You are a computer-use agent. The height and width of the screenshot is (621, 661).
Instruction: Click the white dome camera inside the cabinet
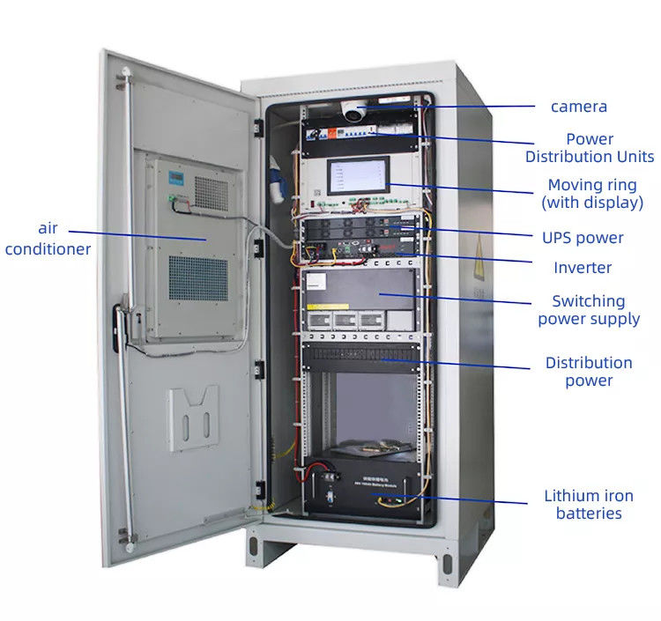(354, 112)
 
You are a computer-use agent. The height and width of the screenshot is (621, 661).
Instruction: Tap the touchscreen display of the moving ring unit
(358, 176)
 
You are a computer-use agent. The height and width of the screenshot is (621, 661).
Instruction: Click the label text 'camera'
(579, 107)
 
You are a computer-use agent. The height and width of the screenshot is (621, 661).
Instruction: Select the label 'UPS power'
(583, 237)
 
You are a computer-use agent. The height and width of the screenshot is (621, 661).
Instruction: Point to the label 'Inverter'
(583, 267)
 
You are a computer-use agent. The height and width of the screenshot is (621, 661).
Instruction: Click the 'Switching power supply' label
(589, 310)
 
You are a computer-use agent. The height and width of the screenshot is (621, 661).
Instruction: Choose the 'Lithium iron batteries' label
(589, 505)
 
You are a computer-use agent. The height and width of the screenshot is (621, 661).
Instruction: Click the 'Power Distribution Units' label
(590, 147)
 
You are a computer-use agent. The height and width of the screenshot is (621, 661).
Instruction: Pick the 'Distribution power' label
(589, 371)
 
